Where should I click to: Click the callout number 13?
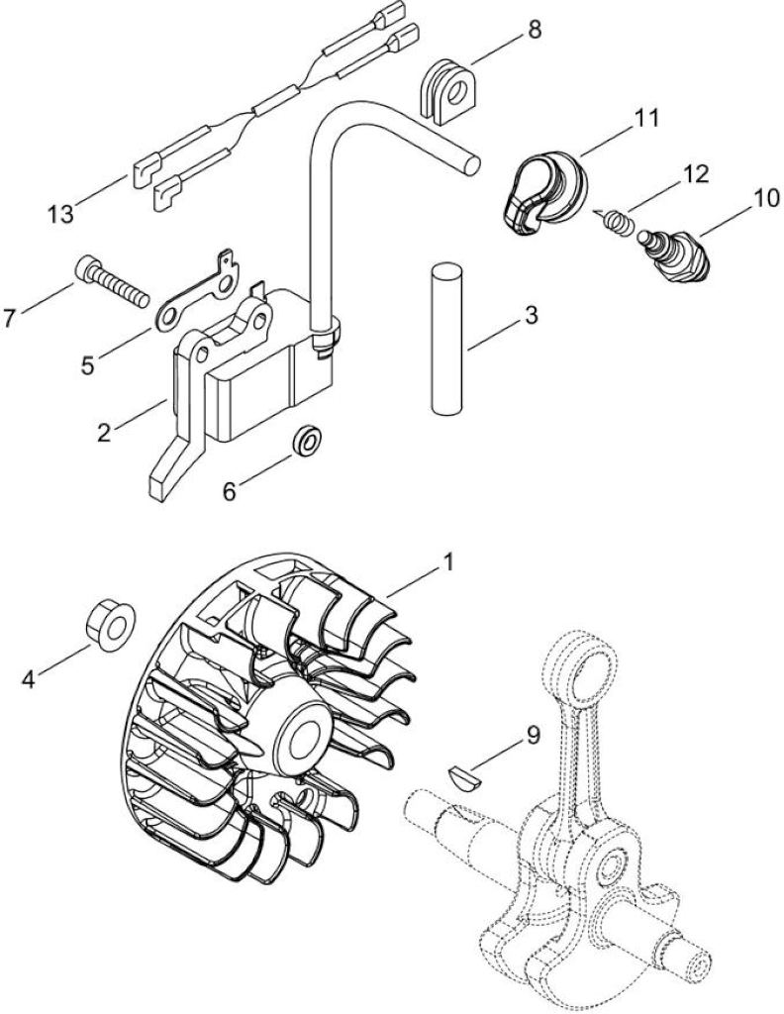tap(61, 214)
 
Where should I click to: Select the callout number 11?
tap(645, 119)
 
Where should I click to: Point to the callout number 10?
tap(766, 198)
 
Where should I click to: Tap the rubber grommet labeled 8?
tap(447, 90)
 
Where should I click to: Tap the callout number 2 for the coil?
tap(103, 432)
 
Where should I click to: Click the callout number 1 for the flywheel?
tap(447, 562)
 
